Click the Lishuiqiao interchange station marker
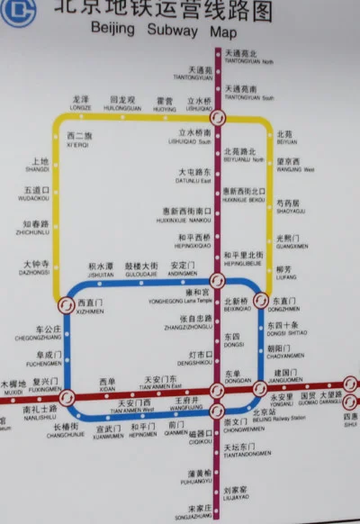(x=216, y=118)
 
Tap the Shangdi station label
(x=37, y=166)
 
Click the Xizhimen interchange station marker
(x=66, y=305)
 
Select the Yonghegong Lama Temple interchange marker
(x=215, y=280)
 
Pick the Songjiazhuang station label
(x=193, y=512)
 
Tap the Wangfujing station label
(x=186, y=403)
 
